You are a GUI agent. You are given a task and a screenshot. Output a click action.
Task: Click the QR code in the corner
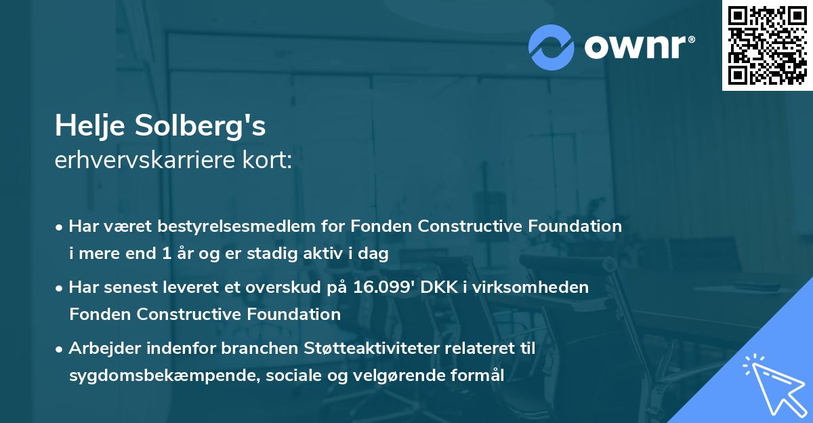(766, 45)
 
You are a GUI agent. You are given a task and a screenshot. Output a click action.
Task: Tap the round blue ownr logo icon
(551, 47)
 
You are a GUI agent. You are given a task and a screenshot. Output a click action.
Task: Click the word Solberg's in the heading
(206, 125)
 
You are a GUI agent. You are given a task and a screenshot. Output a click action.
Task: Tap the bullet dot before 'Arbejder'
(60, 348)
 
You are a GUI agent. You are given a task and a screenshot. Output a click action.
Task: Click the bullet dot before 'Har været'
(60, 226)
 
